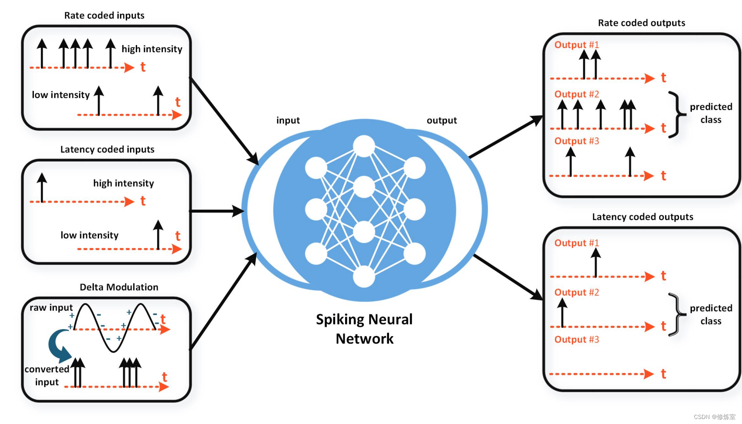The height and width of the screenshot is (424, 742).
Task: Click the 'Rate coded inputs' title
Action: tap(104, 15)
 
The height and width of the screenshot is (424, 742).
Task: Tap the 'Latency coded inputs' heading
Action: tap(107, 150)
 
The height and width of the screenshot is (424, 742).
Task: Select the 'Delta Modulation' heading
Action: tap(119, 287)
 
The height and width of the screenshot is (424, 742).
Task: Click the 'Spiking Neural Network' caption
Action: tap(364, 329)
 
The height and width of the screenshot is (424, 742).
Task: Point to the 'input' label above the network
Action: tap(288, 120)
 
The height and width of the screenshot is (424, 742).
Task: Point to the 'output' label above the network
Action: tap(442, 120)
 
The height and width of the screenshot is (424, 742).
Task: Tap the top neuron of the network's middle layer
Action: tap(364, 146)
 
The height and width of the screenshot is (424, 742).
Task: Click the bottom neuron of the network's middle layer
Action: tap(364, 277)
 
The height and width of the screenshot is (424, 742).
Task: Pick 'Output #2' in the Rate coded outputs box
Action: tap(577, 94)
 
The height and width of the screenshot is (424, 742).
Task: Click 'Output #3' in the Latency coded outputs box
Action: tap(577, 340)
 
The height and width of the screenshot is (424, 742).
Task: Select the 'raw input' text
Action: tap(51, 308)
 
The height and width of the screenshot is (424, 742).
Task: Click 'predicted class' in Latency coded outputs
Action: tap(711, 315)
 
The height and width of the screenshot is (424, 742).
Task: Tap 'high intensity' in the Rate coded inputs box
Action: tap(152, 49)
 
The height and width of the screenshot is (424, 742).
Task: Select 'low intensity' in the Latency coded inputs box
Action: tap(89, 235)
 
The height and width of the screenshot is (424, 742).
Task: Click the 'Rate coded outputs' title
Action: tap(641, 23)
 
